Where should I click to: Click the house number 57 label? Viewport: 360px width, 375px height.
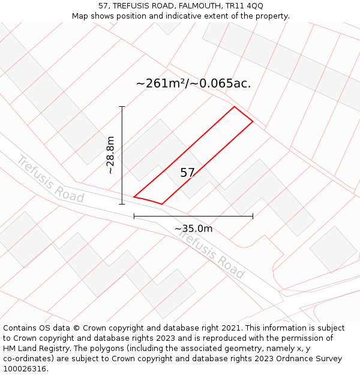[187, 173]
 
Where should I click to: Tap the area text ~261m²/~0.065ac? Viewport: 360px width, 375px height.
[193, 83]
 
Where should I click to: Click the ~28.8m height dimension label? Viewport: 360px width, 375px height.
[110, 155]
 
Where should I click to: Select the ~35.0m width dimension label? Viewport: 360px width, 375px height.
[193, 229]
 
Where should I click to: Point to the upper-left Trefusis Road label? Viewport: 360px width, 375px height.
[50, 178]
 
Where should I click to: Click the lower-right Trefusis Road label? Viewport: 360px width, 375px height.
[211, 255]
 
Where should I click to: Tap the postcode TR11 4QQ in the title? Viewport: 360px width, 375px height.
[244, 6]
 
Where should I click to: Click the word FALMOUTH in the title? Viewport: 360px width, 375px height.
[197, 6]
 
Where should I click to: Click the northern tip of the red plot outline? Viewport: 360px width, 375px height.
[234, 107]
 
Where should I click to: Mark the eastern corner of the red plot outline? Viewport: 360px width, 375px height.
[253, 122]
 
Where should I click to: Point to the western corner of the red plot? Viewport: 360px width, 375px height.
[134, 196]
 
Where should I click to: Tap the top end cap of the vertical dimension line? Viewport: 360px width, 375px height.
[122, 107]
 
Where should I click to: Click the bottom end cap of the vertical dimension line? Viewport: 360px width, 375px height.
[122, 204]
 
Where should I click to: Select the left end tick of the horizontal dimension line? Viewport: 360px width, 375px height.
[134, 216]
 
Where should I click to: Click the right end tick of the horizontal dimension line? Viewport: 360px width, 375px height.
[253, 216]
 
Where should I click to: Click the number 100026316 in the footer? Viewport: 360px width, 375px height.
[24, 368]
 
